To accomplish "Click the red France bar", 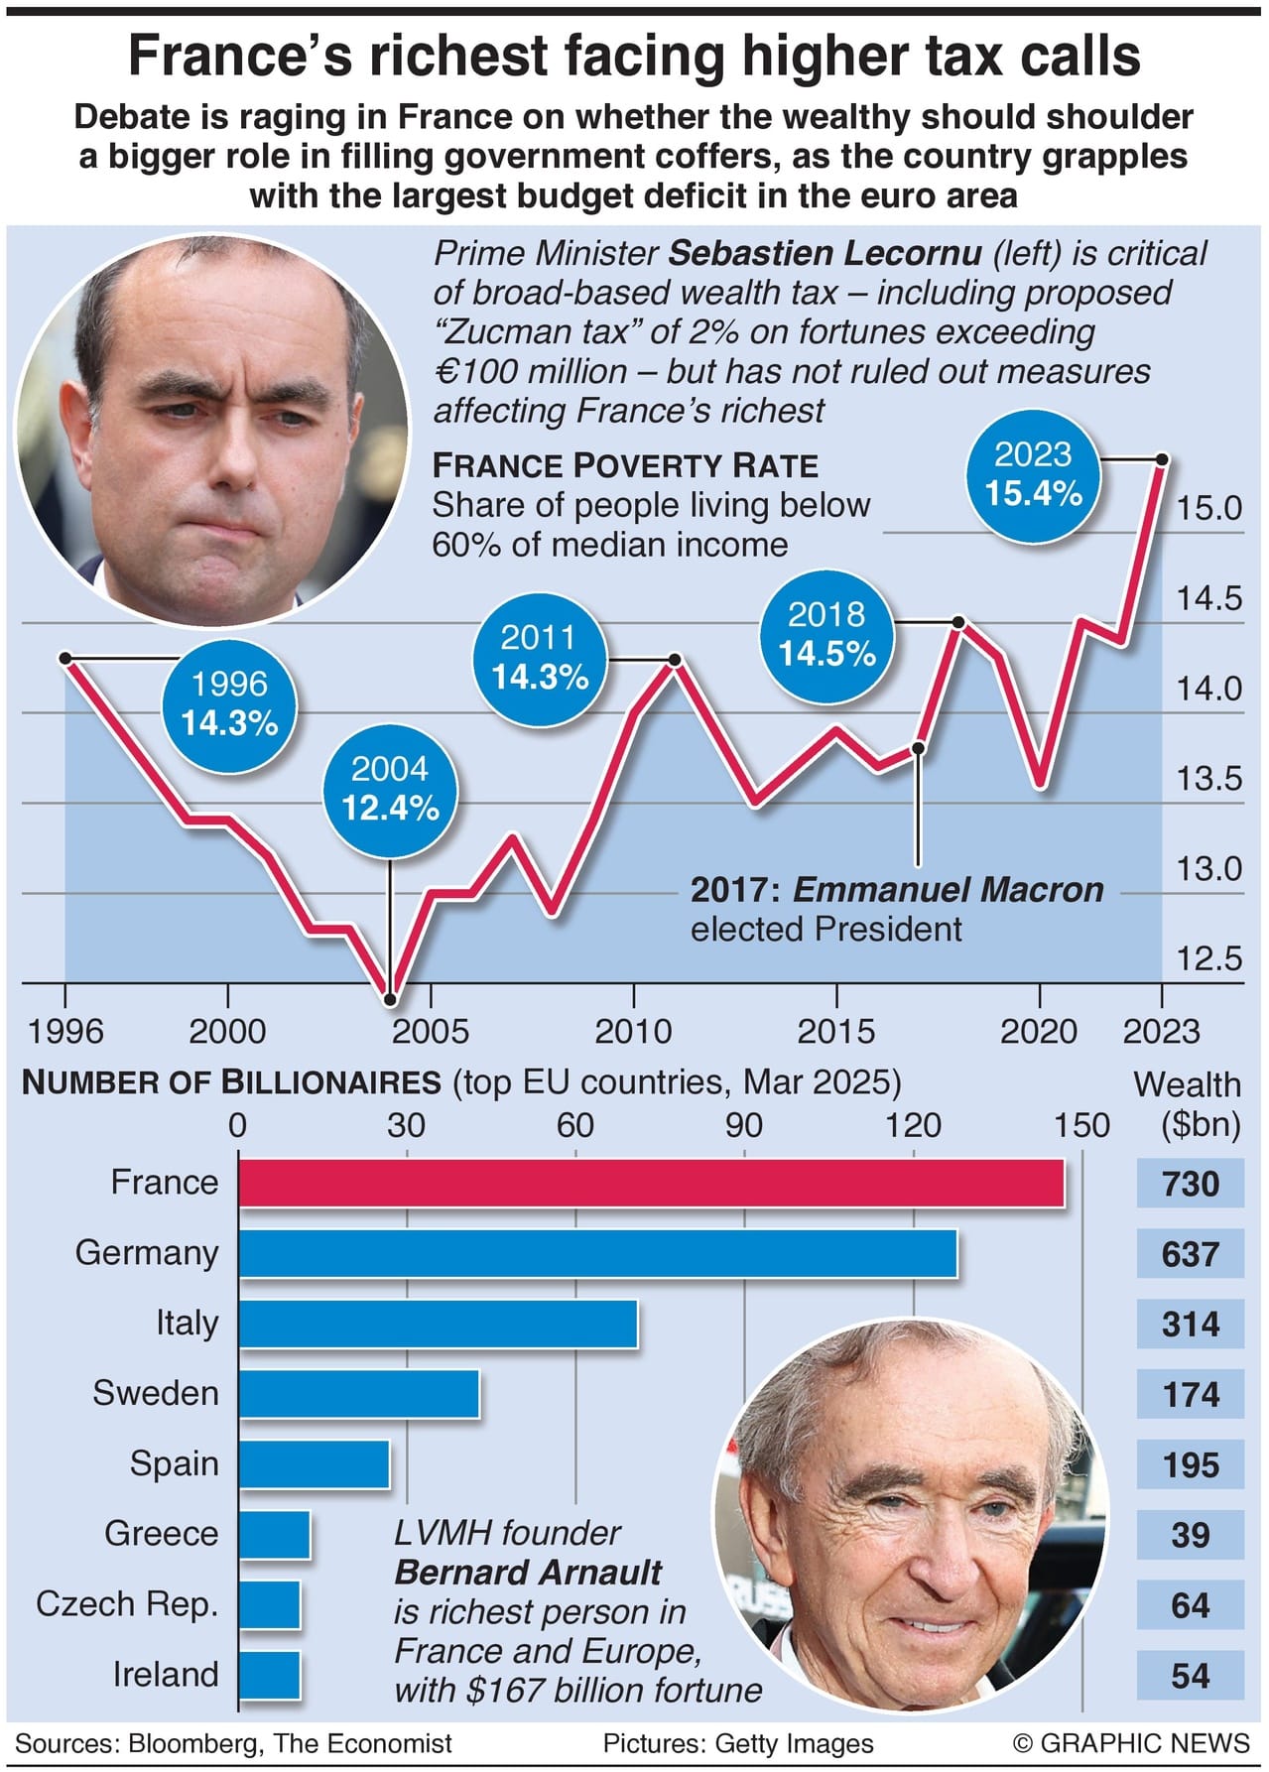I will pos(651,1183).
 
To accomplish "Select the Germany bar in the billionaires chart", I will pos(597,1253).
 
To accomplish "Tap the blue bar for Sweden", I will pos(358,1394).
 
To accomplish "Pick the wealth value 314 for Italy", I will pos(1190,1325).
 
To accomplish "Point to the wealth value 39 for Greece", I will pos(1190,1535).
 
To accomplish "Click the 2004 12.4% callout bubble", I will pos(390,789).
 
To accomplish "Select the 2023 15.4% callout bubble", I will pos(1033,474).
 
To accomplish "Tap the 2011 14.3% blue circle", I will pos(539,657).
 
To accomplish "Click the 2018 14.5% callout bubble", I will pos(826,634).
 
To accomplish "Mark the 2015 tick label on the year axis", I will pos(835,1032).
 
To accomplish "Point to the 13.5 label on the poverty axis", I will pos(1208,779).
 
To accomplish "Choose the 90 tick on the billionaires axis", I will pos(743,1125).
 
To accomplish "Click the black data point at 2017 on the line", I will pos(918,748).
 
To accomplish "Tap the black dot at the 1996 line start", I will pos(65,658).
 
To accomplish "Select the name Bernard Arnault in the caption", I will pos(528,1573).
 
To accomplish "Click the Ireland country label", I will pos(165,1675).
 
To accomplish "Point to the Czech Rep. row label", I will pos(127,1604).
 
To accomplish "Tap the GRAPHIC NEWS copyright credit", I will pos(1131,1743).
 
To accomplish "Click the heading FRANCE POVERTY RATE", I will pos(625,465).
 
